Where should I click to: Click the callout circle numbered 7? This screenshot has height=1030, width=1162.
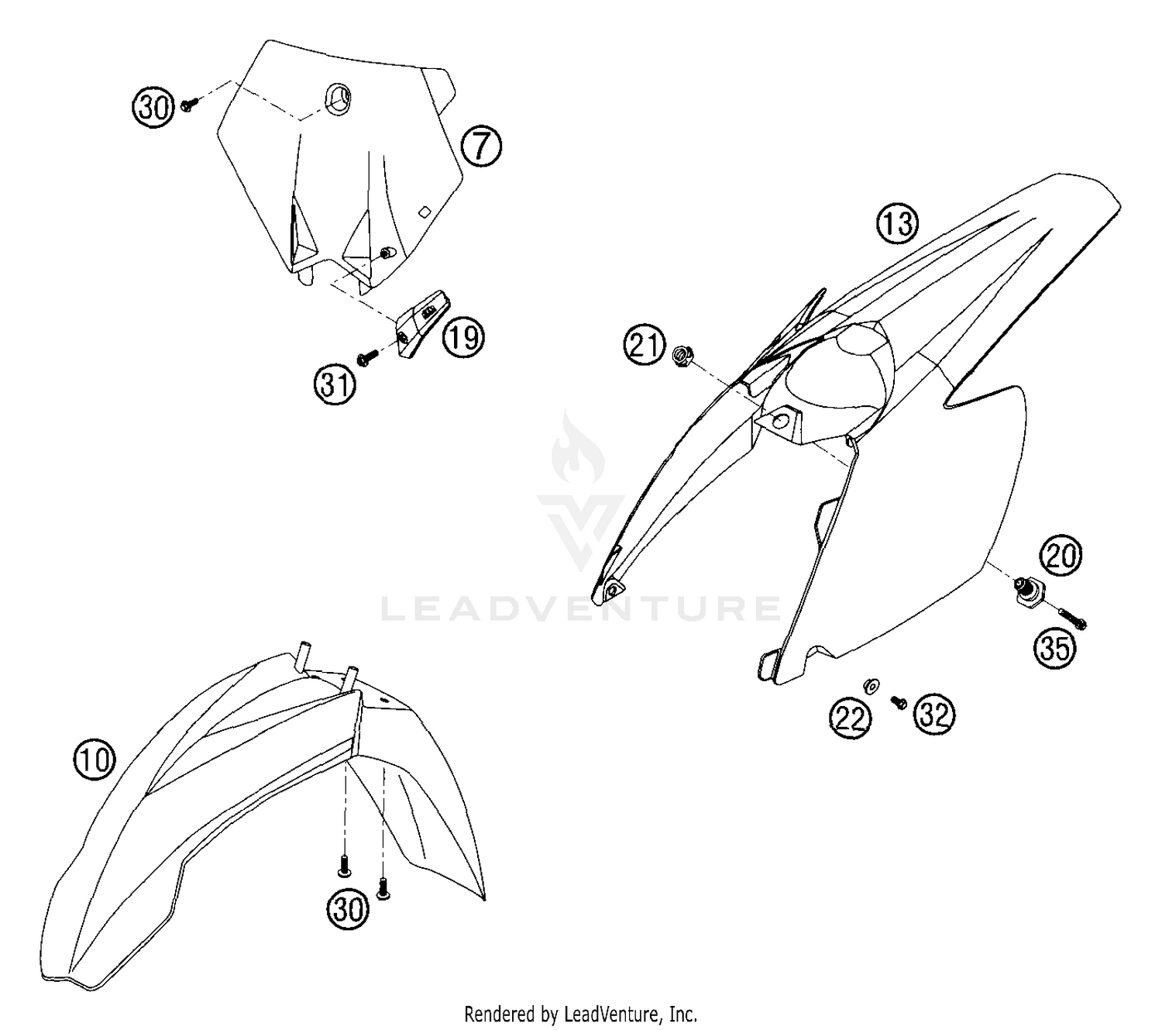[x=481, y=147]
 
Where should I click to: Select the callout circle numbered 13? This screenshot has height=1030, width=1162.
[x=897, y=224]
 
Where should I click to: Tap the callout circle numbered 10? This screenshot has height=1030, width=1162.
[x=95, y=760]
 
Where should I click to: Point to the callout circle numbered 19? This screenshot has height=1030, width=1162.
[x=463, y=338]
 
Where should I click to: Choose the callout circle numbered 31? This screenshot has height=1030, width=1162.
[x=335, y=384]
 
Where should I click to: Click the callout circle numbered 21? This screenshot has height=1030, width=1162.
[x=645, y=346]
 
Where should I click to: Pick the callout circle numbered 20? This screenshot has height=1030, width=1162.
[x=1061, y=555]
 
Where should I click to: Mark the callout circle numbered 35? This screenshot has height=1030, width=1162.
[x=1055, y=649]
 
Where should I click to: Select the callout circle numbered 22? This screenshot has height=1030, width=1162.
[x=850, y=718]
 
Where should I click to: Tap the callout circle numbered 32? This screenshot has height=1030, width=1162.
[x=934, y=715]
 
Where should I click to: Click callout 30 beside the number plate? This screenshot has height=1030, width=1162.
[x=153, y=107]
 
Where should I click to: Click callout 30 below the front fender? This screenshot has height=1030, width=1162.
[x=348, y=909]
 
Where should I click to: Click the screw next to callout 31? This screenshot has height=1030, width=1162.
[x=367, y=357]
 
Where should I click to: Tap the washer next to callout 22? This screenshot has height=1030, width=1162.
[x=872, y=684]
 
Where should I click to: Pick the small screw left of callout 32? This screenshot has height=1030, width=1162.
[x=898, y=701]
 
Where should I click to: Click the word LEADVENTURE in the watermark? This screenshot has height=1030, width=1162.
[x=580, y=608]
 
